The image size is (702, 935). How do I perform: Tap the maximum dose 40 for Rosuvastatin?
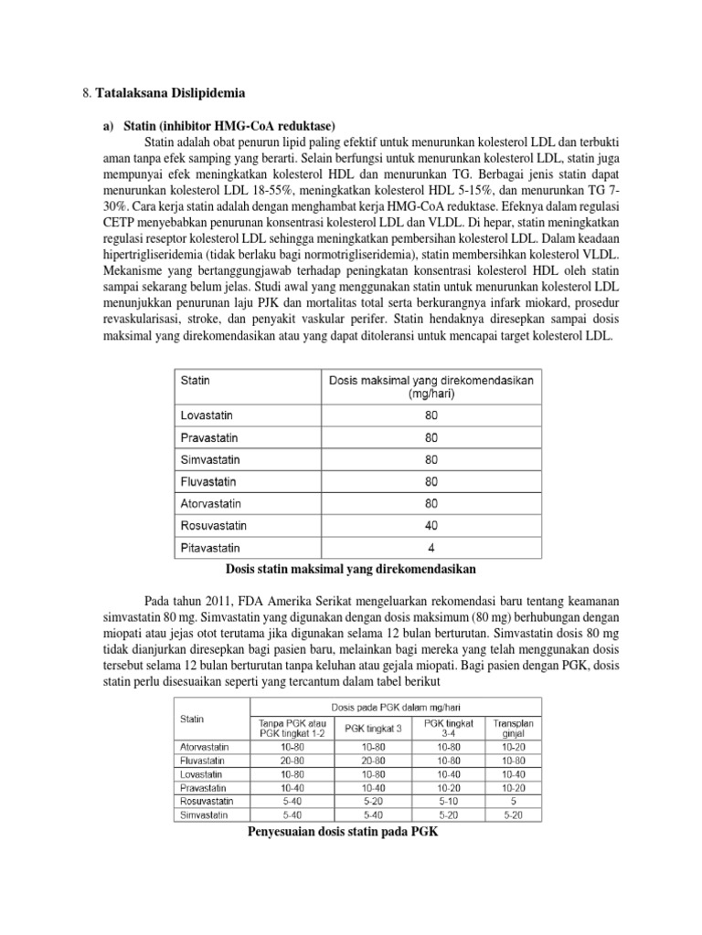coord(431,525)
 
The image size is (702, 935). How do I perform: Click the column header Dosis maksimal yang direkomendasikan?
coord(431,386)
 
